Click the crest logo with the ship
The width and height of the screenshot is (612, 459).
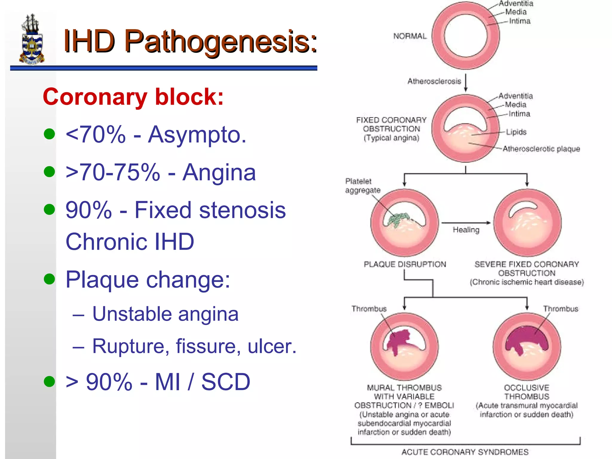pos(32,39)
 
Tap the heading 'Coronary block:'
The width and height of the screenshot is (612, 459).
pos(133,97)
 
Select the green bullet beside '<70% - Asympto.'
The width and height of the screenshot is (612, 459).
pos(49,134)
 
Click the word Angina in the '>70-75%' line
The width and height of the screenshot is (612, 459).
pos(219,172)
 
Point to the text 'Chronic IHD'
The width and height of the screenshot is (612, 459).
pos(130,241)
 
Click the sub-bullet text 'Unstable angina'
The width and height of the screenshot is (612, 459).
pos(165,314)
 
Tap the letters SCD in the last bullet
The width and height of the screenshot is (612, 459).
pos(226,382)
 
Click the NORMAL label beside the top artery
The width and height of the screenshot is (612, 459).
pos(410,36)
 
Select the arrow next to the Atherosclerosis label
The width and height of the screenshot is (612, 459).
pos(466,83)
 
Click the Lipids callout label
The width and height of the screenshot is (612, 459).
pos(516,132)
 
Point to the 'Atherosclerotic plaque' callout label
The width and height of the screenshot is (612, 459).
pos(541,149)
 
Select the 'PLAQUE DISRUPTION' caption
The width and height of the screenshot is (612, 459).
pos(405,264)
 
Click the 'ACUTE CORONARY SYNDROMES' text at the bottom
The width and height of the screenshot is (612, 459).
pos(465,452)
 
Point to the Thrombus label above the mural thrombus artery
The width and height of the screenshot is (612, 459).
pos(369,309)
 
